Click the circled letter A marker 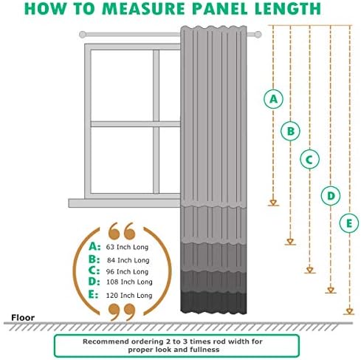[x=273, y=99]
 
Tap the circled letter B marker [x=290, y=131]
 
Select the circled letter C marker [x=309, y=160]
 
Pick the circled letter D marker [x=331, y=196]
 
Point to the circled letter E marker [x=349, y=223]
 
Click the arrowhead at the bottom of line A [x=273, y=203]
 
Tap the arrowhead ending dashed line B [x=290, y=242]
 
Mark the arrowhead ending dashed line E [x=349, y=311]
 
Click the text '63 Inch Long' [x=127, y=247]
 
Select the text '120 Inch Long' [x=129, y=295]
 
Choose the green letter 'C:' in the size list [x=94, y=271]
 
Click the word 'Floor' [x=23, y=317]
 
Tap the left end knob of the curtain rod [x=83, y=35]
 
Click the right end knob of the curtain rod [x=258, y=35]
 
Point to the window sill [x=124, y=203]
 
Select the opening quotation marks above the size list [x=122, y=231]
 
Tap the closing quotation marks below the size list [x=122, y=312]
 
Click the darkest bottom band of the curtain [x=213, y=302]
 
